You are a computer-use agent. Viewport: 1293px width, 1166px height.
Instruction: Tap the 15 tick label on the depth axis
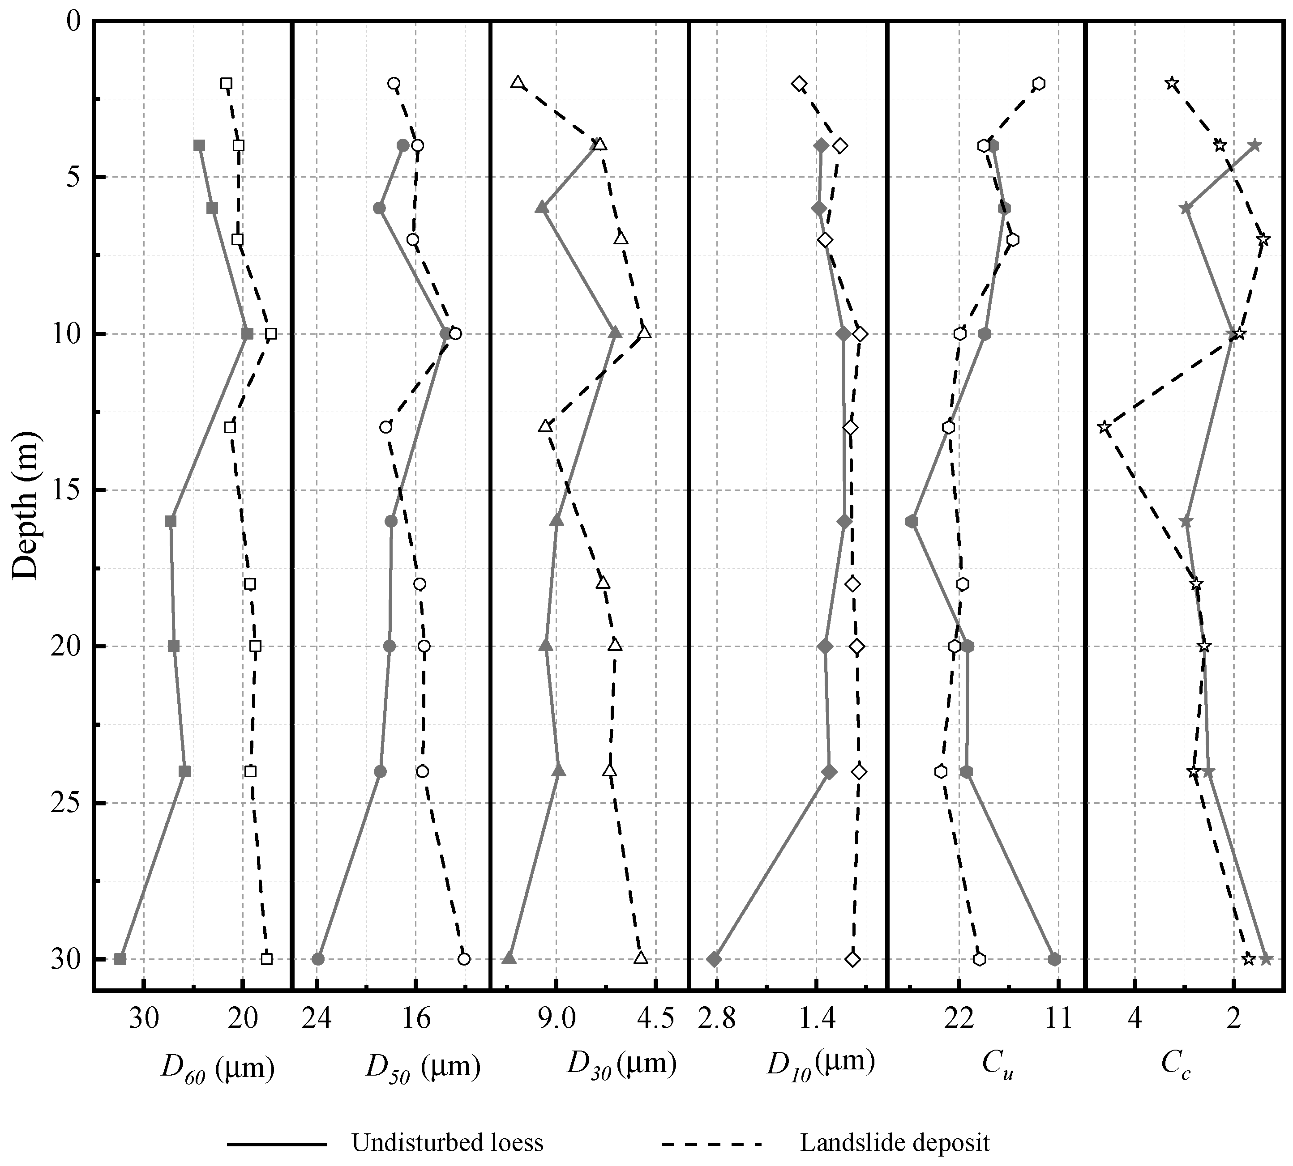(61, 490)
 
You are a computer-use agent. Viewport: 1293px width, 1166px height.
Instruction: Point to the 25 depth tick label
(61, 803)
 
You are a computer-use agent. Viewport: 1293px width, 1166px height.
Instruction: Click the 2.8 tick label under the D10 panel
(717, 1017)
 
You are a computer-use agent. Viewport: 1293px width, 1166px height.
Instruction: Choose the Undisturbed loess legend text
(447, 1143)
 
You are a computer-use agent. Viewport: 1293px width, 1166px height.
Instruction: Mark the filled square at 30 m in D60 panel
(120, 959)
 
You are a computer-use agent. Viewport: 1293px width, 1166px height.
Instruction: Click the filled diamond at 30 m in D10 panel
(714, 959)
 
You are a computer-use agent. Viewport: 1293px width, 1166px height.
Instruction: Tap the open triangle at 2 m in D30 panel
(517, 83)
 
